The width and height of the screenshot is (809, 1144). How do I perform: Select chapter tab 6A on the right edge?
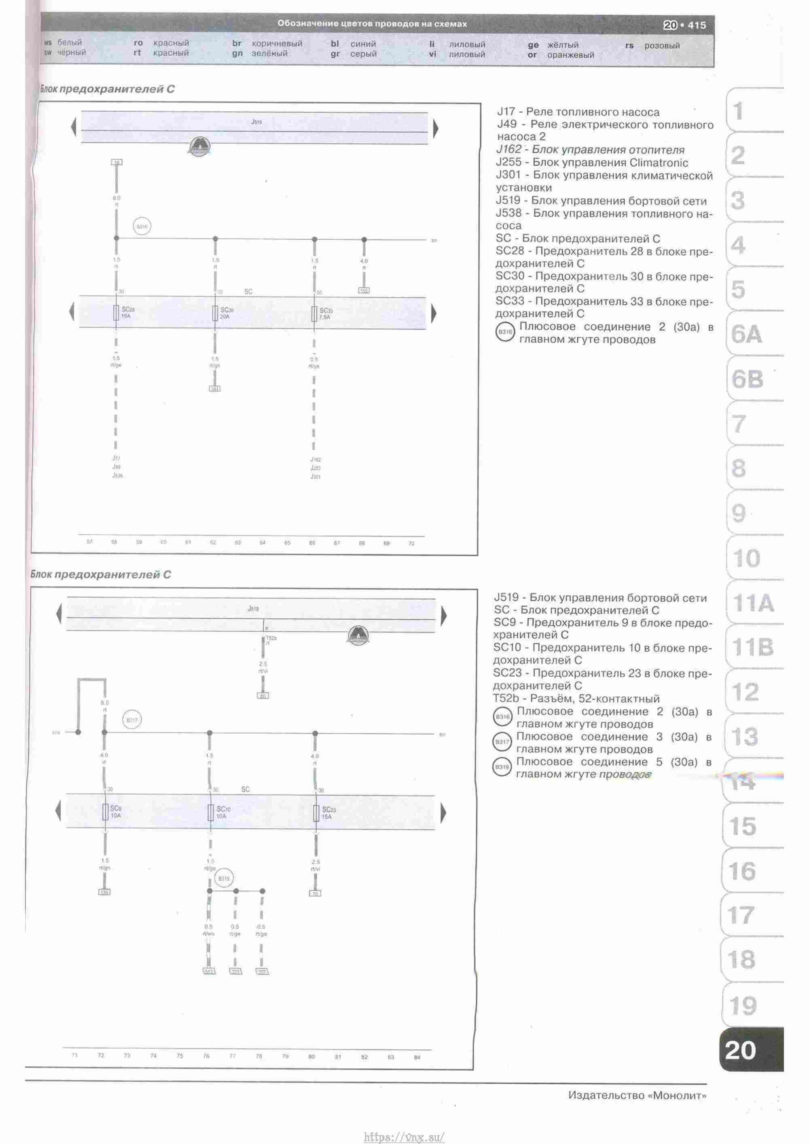click(747, 334)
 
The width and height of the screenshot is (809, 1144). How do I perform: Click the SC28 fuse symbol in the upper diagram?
click(116, 313)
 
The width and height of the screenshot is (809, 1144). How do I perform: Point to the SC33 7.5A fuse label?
click(326, 313)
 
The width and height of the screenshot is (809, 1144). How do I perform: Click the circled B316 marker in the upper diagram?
click(142, 227)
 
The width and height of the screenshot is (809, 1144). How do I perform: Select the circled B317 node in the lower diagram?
click(132, 720)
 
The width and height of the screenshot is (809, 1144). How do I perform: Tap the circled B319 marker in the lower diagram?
click(224, 879)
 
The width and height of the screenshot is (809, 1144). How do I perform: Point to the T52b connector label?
click(271, 638)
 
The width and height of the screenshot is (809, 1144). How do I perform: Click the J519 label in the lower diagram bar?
click(253, 609)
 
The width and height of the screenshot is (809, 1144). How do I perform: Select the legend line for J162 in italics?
click(590, 149)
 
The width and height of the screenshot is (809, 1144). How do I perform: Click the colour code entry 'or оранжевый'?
click(561, 55)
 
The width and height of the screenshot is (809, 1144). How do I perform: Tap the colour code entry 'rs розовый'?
click(652, 45)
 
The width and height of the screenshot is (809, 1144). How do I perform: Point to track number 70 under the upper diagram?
click(411, 543)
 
